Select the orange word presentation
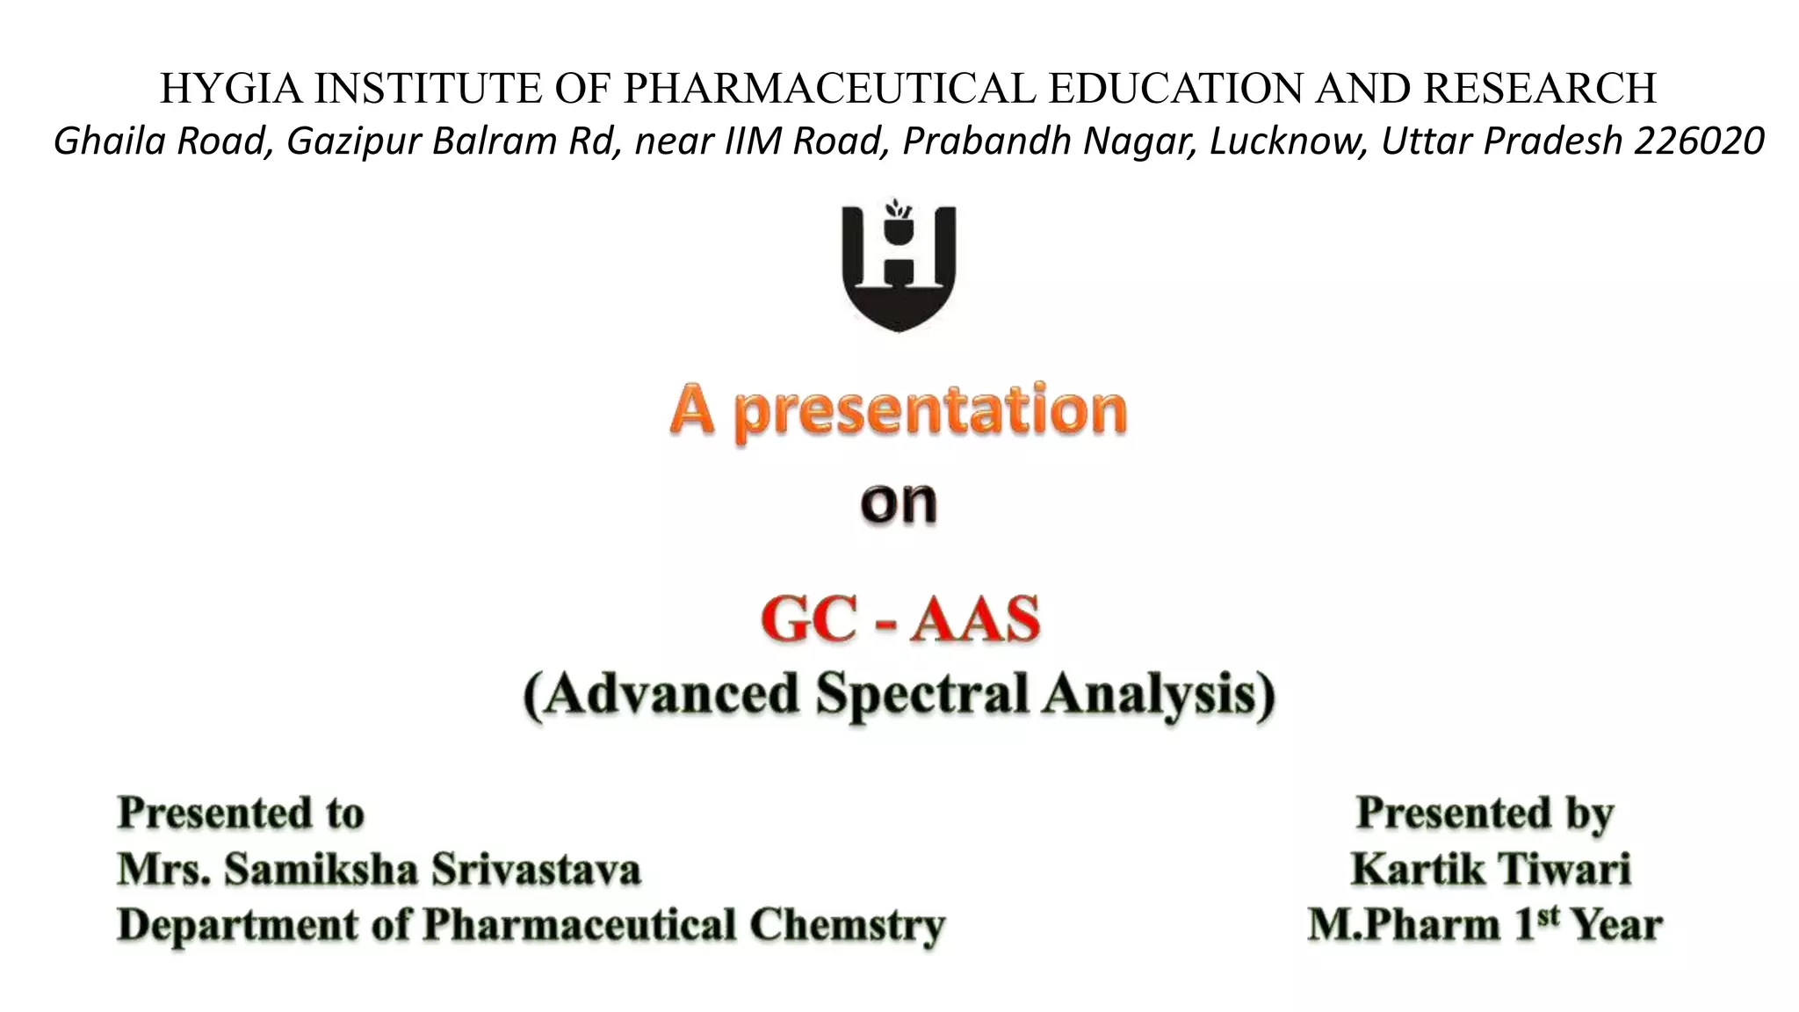tap(929, 411)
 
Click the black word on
tap(899, 503)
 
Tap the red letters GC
tap(807, 619)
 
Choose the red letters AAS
tap(975, 619)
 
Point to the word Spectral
tap(921, 694)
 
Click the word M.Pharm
tap(1403, 926)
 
